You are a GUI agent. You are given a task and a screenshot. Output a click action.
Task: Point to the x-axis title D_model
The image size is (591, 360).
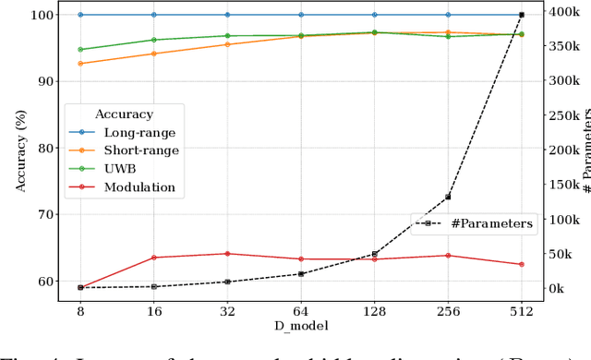[x=300, y=325]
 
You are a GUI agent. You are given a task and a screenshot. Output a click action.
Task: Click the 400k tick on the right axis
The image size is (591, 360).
[x=558, y=12]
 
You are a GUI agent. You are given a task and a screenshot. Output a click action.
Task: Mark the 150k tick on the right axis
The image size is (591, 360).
[x=558, y=185]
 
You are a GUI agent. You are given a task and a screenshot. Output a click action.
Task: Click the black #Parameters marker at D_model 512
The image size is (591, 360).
[x=521, y=15]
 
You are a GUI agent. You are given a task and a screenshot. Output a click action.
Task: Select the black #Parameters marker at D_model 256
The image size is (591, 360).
[x=448, y=198]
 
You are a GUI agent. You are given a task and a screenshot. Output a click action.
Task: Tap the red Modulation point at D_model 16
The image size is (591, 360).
[x=154, y=258]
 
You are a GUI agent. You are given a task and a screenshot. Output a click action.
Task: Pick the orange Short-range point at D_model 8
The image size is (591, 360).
[x=80, y=64]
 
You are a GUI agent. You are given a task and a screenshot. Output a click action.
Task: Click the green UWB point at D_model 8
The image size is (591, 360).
[x=80, y=50]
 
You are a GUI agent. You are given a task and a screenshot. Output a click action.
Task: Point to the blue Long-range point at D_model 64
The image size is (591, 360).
[x=301, y=15]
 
